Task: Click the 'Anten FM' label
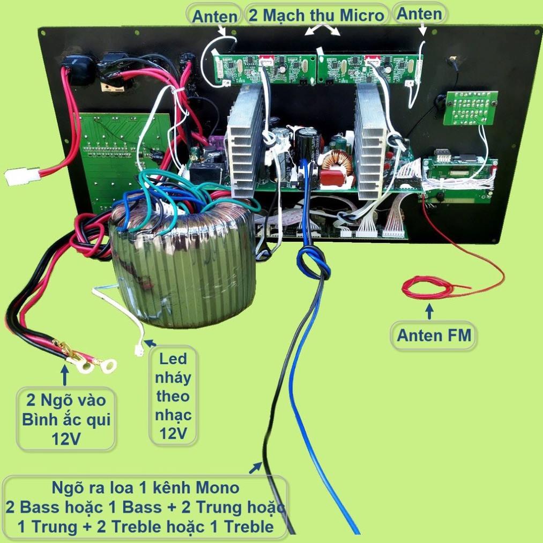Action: (434, 335)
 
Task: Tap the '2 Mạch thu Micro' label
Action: (316, 15)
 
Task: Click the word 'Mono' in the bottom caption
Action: (218, 488)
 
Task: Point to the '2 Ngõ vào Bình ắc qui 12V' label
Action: (66, 419)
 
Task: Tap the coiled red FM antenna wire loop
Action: (428, 287)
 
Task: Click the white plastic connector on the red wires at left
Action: (22, 176)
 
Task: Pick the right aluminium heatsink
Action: (370, 142)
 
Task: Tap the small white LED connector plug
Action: (139, 351)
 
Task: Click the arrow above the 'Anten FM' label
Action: (429, 311)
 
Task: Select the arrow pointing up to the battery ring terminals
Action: (65, 375)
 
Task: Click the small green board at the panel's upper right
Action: (471, 108)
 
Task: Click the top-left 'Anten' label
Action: (215, 16)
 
